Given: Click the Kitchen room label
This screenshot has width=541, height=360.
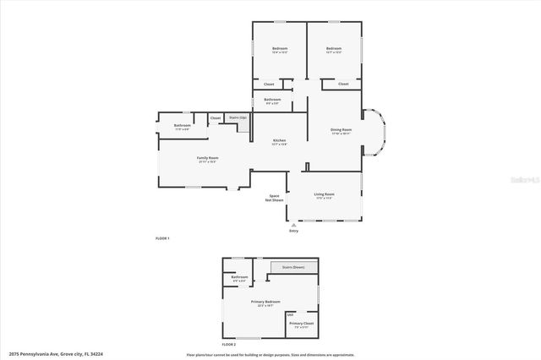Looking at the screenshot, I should pyautogui.click(x=279, y=141).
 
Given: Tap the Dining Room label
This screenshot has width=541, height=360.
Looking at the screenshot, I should pyautogui.click(x=341, y=130).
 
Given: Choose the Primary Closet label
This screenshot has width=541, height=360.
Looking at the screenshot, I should pyautogui.click(x=302, y=324).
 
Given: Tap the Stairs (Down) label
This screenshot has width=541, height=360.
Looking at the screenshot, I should pyautogui.click(x=294, y=266).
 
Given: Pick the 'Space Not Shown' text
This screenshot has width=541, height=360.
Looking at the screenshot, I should pyautogui.click(x=275, y=198).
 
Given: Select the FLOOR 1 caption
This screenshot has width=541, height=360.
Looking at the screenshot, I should pyautogui.click(x=163, y=238).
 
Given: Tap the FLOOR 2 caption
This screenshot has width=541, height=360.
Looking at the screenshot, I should pyautogui.click(x=230, y=345).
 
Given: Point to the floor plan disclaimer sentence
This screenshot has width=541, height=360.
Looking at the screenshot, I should pyautogui.click(x=270, y=354).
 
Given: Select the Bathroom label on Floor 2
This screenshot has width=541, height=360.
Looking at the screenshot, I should pyautogui.click(x=239, y=277).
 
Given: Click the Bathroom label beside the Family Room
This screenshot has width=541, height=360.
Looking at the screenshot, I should pyautogui.click(x=183, y=126).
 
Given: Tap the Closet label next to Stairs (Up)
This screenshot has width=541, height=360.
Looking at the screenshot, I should pyautogui.click(x=216, y=117).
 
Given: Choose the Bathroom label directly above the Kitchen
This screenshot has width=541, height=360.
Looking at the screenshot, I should pyautogui.click(x=272, y=100).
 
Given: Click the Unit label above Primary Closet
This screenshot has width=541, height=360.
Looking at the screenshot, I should pyautogui.click(x=291, y=314).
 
